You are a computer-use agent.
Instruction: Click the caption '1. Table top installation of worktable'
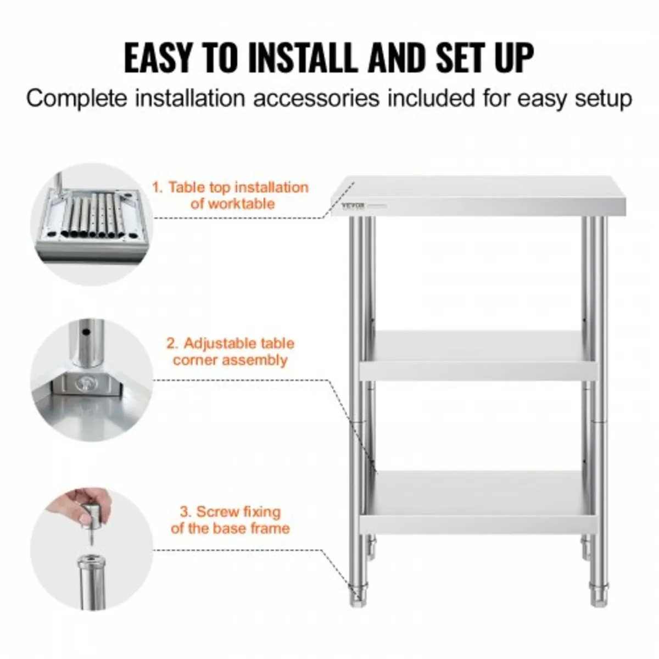pos(231,196)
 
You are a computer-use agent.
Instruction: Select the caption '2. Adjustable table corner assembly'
pos(231,352)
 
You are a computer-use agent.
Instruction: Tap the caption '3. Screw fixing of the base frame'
pos(231,520)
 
